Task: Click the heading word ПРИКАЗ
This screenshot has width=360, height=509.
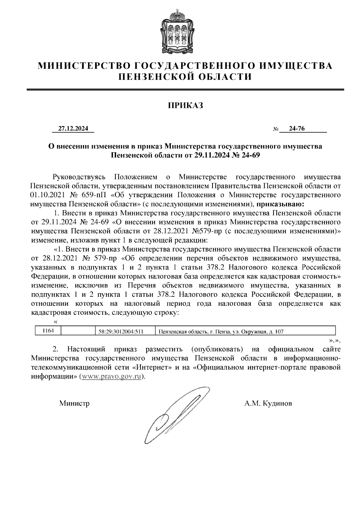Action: tap(185, 106)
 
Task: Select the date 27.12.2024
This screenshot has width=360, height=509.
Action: tap(73, 129)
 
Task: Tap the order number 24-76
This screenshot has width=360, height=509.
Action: tap(297, 129)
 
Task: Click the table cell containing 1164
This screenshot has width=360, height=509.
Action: tap(48, 330)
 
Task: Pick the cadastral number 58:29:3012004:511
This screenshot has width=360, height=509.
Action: tap(121, 332)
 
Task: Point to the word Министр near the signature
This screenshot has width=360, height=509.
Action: tap(74, 403)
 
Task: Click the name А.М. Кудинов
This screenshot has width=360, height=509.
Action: tap(268, 403)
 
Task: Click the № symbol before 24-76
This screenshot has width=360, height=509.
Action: tap(276, 129)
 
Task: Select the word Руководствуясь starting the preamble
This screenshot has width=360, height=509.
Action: tap(79, 177)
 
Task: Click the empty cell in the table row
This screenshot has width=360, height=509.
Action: tap(78, 331)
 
